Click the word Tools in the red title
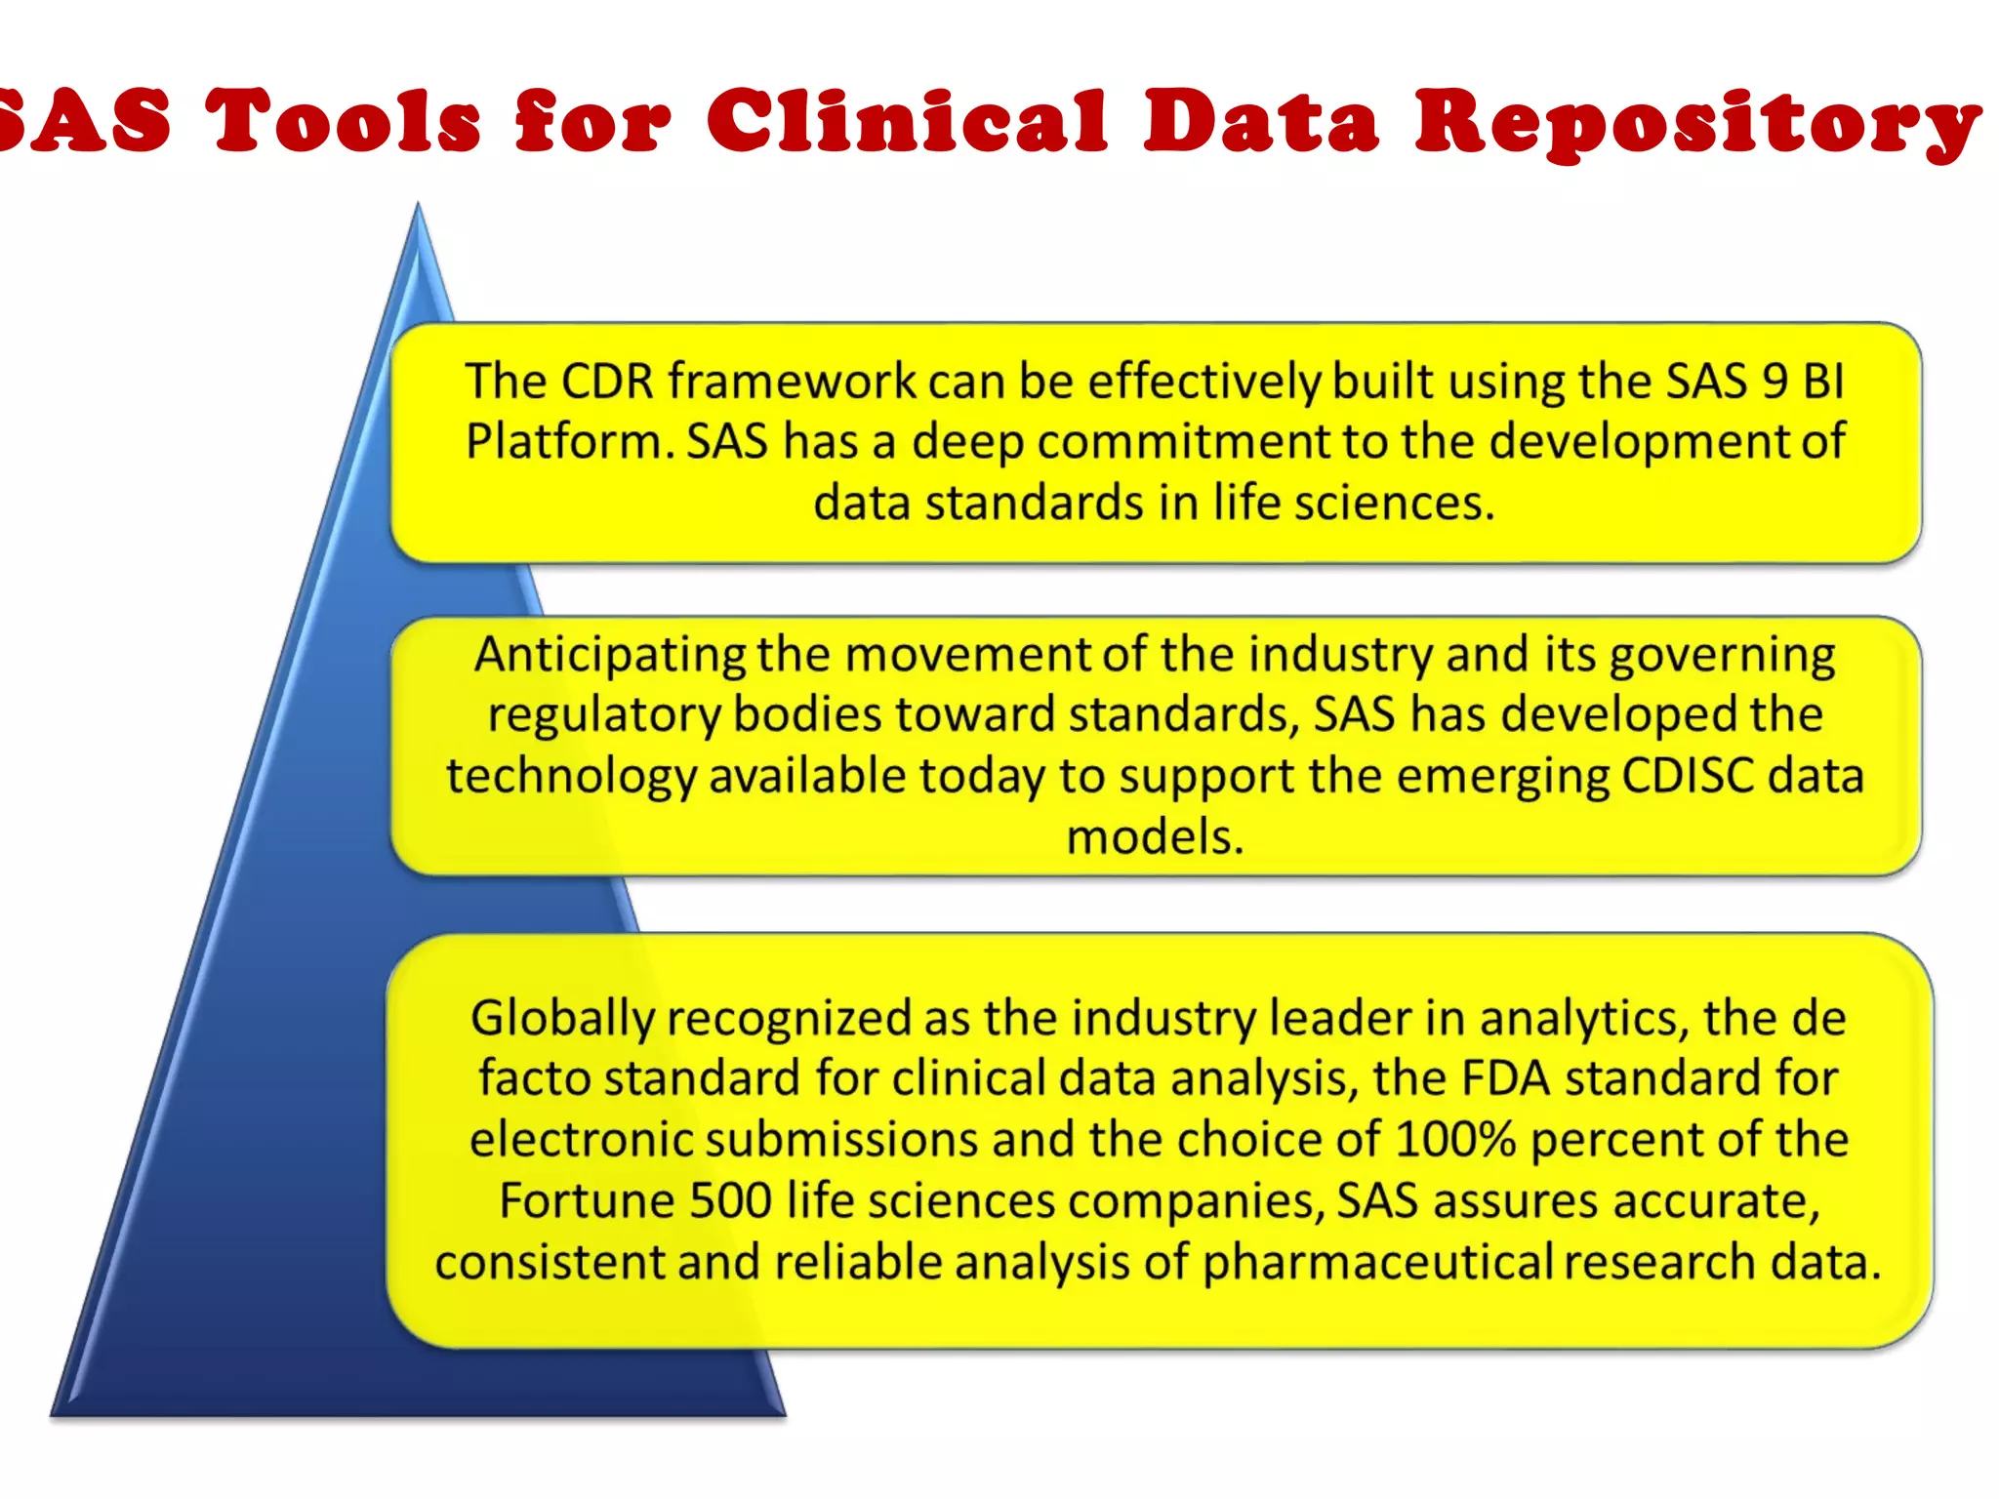[x=343, y=121]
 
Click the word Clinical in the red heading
[x=907, y=121]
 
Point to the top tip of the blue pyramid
[x=418, y=206]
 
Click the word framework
[x=792, y=381]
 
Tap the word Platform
[x=570, y=442]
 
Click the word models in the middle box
[x=1155, y=837]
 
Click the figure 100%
[x=1454, y=1140]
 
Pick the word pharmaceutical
[x=1377, y=1263]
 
